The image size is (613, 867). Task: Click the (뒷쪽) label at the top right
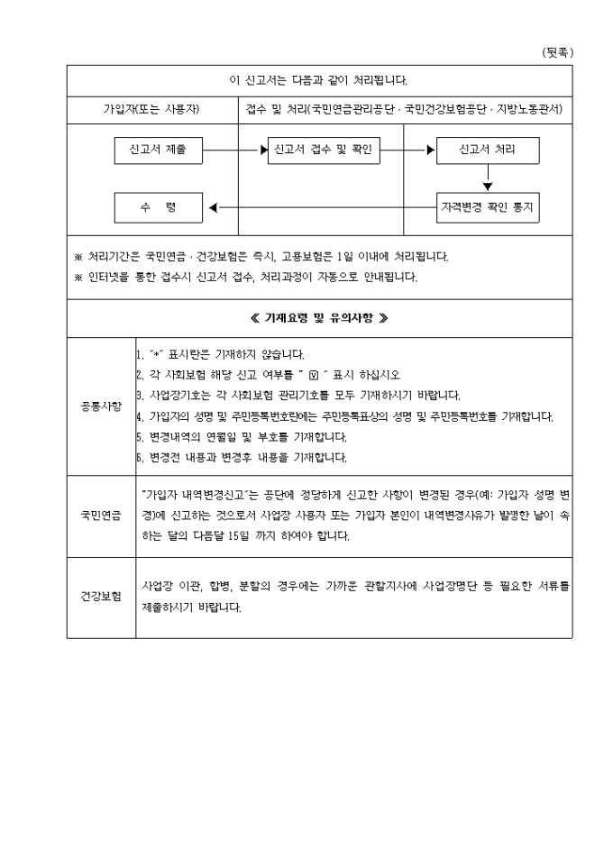[557, 52]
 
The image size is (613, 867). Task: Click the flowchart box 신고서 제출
[158, 150]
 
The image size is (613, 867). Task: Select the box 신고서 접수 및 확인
[323, 150]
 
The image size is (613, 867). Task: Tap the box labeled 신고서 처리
[487, 150]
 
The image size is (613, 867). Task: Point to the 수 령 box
[158, 207]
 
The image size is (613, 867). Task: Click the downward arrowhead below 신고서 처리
[488, 186]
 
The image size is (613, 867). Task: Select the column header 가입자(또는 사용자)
[152, 109]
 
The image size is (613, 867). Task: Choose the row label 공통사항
[101, 406]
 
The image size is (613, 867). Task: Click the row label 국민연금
[101, 516]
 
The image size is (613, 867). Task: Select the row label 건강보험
[101, 598]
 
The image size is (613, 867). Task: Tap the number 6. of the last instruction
[140, 457]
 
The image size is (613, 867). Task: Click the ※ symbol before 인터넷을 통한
[78, 277]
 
